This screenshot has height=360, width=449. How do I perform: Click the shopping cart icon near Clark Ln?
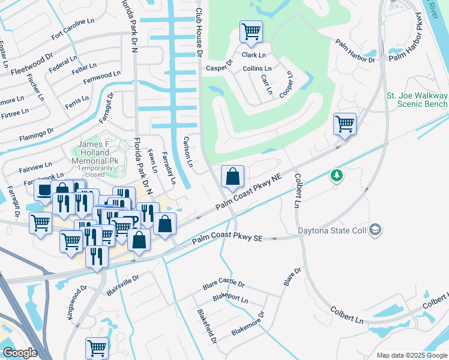(251, 32)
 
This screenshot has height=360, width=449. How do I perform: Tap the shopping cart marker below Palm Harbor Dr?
(345, 124)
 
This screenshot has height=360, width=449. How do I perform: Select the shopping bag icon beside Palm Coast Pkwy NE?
(233, 176)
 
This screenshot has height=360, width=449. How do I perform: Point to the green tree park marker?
(337, 176)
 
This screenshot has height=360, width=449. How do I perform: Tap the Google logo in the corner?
(20, 353)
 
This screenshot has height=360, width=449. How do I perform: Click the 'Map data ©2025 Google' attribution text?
(411, 355)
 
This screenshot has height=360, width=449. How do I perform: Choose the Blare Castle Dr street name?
(224, 284)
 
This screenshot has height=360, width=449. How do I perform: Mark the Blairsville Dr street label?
(122, 281)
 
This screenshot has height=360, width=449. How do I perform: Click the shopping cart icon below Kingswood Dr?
(97, 347)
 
